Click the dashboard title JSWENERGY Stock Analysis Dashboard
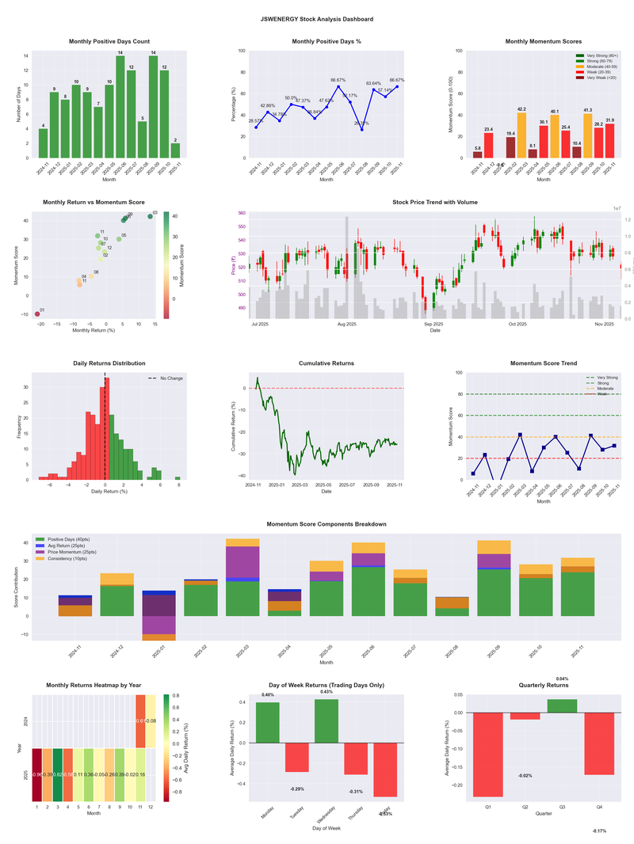click(317, 19)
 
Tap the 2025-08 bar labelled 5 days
click(142, 139)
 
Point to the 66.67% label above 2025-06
click(338, 80)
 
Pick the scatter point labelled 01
click(37, 314)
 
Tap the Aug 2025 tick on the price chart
click(346, 324)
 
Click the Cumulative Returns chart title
click(327, 363)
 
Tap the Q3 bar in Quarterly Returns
click(562, 705)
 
